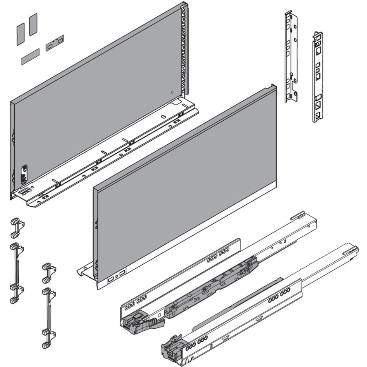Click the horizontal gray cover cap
30,57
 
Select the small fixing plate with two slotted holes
55,43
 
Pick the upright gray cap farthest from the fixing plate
20,33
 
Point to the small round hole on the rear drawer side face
172,92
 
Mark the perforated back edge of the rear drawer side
185,49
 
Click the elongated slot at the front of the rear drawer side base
26,190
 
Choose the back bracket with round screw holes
291,57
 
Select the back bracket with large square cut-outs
318,77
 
